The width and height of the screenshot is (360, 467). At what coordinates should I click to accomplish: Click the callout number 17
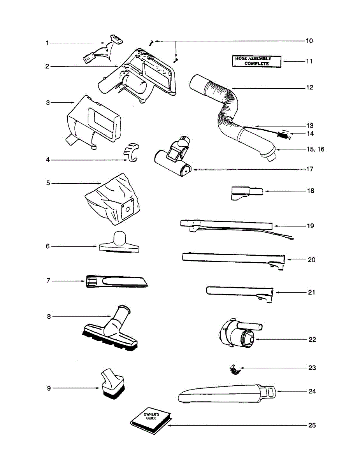coord(309,170)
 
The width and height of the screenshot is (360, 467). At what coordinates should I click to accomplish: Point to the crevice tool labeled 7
coord(117,281)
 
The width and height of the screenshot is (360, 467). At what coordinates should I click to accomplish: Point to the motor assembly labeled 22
coord(239,334)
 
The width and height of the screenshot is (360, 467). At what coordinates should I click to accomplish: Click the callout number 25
coord(312,425)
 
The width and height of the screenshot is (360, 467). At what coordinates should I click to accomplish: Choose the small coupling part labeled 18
coord(246,193)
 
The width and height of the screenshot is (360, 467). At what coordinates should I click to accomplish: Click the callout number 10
coord(309,41)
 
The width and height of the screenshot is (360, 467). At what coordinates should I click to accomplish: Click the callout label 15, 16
coord(315,149)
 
